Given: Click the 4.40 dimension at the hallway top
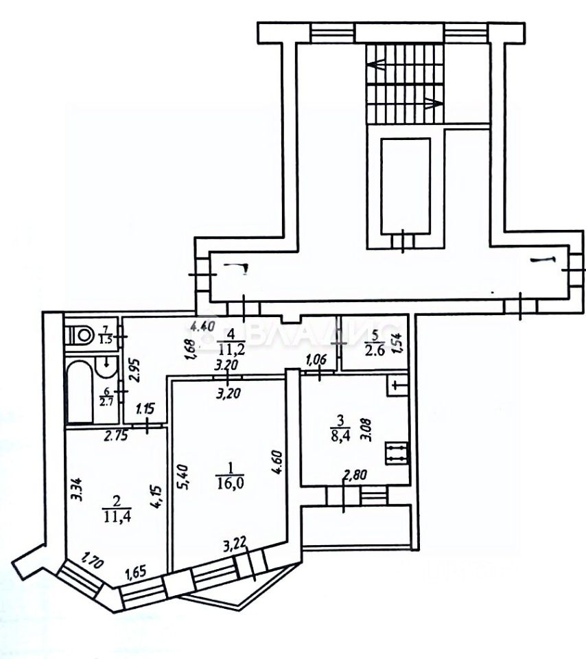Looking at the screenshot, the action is click(203, 327).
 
